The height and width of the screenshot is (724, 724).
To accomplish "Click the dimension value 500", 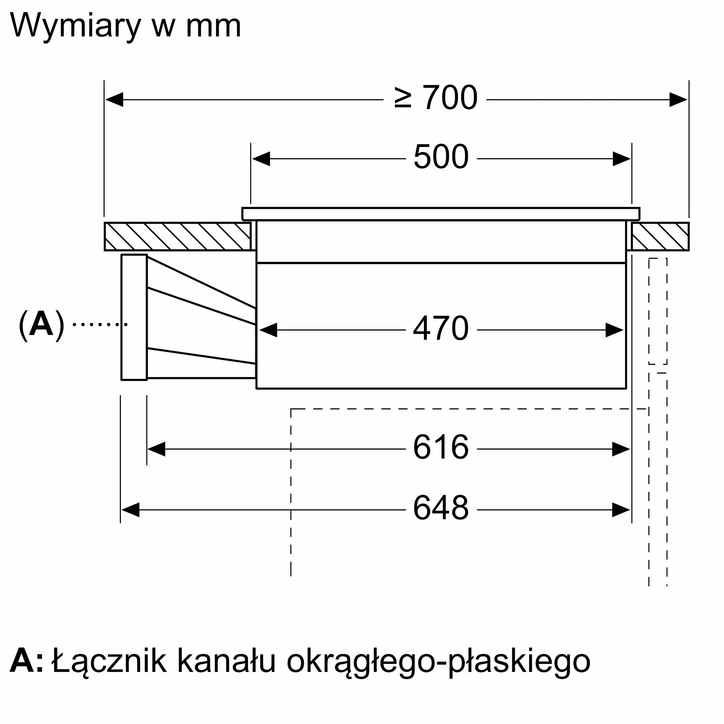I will point(441,157).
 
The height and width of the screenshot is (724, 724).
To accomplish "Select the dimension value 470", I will point(441,328).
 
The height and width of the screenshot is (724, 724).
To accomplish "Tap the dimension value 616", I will point(441,447).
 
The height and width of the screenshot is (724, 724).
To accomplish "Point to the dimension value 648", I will point(441,508).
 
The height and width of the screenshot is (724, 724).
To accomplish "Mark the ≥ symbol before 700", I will point(403,98).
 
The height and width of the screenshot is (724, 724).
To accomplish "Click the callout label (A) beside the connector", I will point(41,324).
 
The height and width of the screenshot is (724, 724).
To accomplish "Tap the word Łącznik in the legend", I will point(109,661).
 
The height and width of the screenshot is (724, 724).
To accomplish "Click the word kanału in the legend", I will point(226,661).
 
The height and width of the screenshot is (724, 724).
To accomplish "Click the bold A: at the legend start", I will point(26,661).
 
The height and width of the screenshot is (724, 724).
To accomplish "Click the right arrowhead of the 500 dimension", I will point(622,159).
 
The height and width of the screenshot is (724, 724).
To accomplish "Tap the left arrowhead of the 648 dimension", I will point(130,510).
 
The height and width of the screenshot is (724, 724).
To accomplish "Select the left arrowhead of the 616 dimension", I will point(156,449).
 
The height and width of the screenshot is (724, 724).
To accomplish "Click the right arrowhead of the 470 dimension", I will point(614,330).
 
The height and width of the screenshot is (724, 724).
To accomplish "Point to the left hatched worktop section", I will point(178,236).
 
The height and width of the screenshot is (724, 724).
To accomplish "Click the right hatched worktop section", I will point(660,236).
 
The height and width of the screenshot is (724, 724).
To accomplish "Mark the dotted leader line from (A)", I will point(100,324).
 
